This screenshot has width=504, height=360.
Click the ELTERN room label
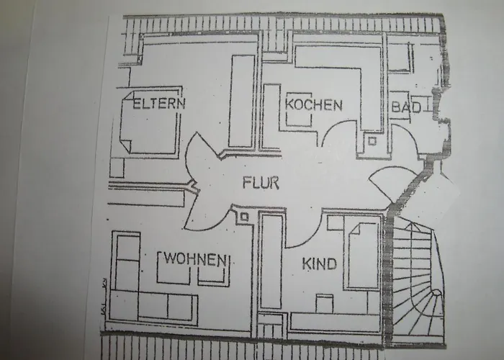158,103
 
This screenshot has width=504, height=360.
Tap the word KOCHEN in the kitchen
313,104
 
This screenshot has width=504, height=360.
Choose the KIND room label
319,264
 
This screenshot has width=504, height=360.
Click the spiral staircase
418,281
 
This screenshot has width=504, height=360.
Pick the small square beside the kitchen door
372,141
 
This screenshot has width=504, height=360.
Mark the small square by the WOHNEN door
245,215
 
